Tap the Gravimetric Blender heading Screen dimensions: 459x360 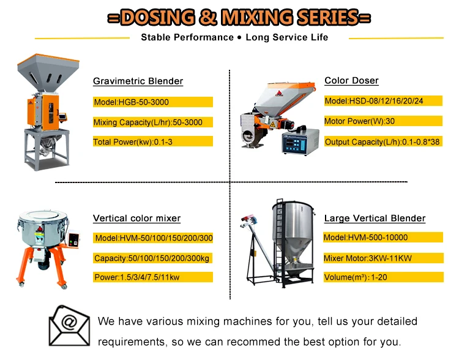coord(138,81)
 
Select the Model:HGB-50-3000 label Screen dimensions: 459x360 coord(131,102)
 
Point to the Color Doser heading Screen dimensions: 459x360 coord(351,81)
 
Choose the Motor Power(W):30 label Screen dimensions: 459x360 coord(359,121)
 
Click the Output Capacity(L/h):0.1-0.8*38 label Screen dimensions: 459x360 coord(382,142)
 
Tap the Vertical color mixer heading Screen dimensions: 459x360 coord(136,219)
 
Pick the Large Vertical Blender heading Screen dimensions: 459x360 coord(375,219)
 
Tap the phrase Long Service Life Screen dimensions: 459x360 coord(286,37)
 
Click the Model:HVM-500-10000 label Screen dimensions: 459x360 coord(366,238)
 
